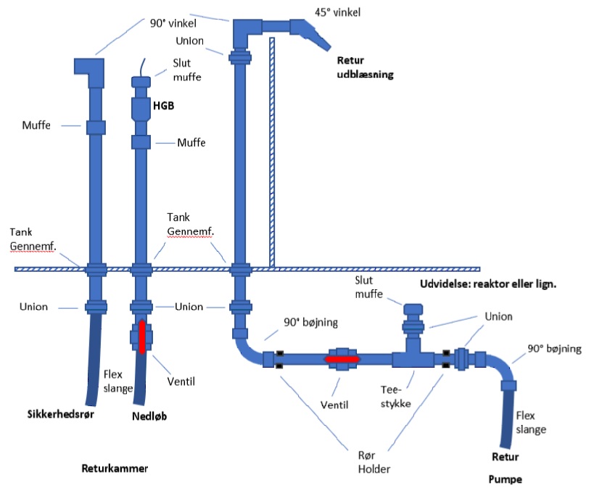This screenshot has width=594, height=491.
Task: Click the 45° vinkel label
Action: pyautogui.click(x=338, y=13)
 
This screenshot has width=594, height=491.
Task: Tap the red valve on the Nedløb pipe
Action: pyautogui.click(x=141, y=335)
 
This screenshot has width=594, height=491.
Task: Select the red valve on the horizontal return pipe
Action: pyautogui.click(x=342, y=358)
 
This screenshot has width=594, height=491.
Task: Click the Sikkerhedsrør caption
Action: pyautogui.click(x=59, y=416)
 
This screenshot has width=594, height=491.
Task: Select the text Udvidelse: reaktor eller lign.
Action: pyautogui.click(x=487, y=284)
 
